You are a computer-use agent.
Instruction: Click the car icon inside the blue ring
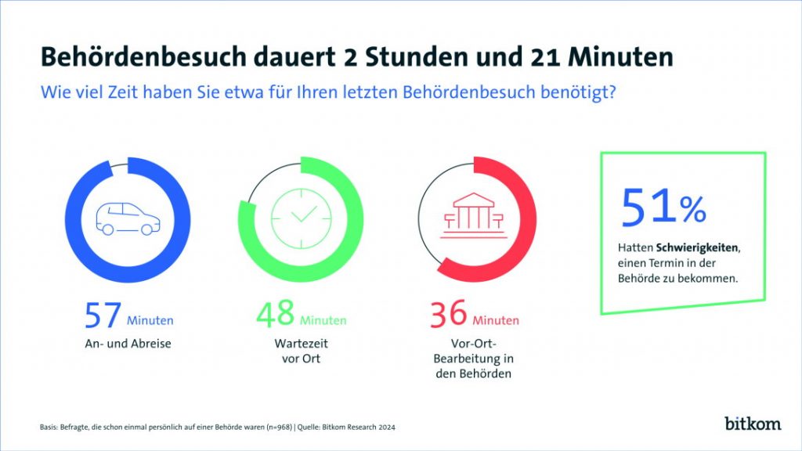pyautogui.click(x=128, y=218)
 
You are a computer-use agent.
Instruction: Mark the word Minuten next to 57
pyautogui.click(x=150, y=320)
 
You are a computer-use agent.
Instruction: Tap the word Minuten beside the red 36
pyautogui.click(x=495, y=320)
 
